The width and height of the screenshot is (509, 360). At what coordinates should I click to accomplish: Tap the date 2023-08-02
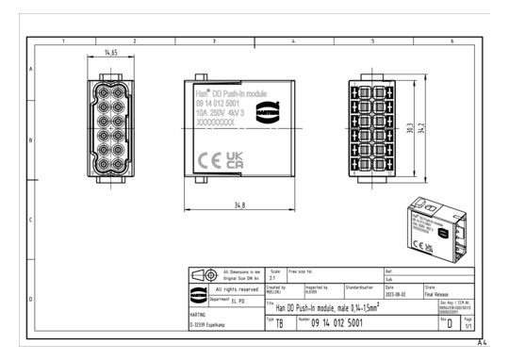tap(397, 293)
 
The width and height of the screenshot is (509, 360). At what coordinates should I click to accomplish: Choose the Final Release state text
tap(437, 293)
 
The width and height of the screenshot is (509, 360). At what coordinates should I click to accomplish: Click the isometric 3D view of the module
tap(430, 225)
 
